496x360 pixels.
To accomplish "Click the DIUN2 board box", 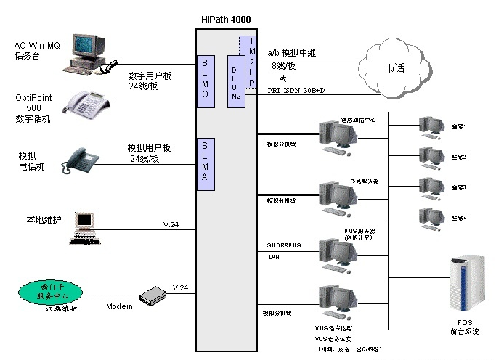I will (237, 81).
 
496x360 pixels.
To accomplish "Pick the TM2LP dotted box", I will (251, 62).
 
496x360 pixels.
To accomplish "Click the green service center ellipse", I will (49, 293).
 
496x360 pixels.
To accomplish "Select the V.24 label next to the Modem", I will (180, 288).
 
